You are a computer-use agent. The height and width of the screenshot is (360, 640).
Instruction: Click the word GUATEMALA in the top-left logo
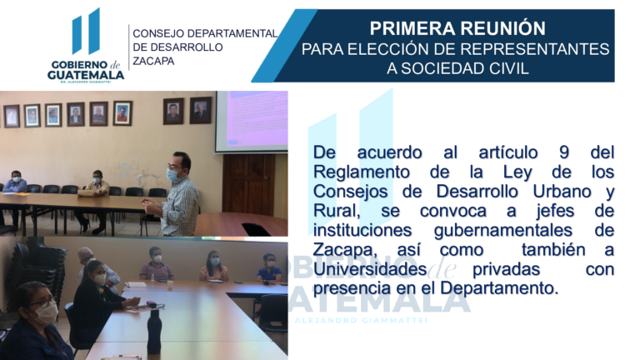pyautogui.click(x=86, y=74)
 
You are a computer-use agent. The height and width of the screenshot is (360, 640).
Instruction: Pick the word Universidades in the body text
pyautogui.click(x=369, y=269)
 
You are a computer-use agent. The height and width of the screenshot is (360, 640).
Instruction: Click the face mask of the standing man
pyautogui.click(x=172, y=175)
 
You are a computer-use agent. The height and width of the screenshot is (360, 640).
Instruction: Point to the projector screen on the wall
pyautogui.click(x=251, y=121)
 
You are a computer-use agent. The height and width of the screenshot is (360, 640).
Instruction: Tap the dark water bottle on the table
pyautogui.click(x=154, y=333)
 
